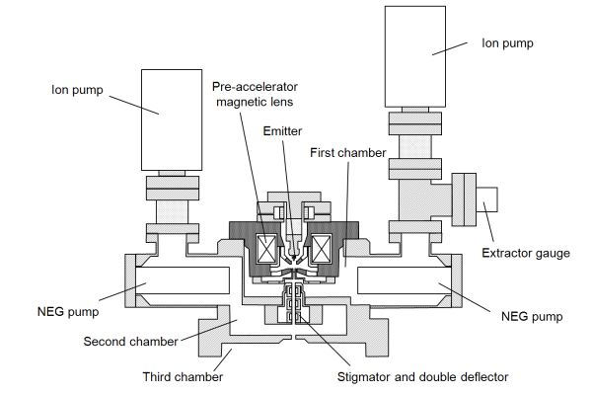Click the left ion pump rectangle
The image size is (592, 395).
click(x=172, y=119)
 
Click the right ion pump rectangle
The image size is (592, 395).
click(x=415, y=56)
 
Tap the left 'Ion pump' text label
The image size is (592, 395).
click(x=77, y=90)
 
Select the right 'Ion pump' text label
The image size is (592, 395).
click(x=507, y=43)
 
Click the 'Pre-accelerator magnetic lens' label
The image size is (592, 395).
click(x=255, y=94)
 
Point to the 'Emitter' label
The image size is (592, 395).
click(x=282, y=131)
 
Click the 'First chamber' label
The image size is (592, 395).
click(x=347, y=153)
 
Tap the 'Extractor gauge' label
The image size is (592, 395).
click(x=526, y=253)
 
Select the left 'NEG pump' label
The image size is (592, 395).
click(x=68, y=312)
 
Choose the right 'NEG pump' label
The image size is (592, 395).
click(x=532, y=316)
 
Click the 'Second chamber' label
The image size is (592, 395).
click(x=130, y=342)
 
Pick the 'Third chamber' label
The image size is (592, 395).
click(x=183, y=376)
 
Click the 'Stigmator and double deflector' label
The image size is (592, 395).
click(x=422, y=377)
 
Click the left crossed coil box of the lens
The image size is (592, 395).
click(x=266, y=249)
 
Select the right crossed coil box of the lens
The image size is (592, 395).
click(x=321, y=249)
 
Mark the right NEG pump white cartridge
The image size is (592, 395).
click(x=404, y=280)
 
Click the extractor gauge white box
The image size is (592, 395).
click(x=486, y=199)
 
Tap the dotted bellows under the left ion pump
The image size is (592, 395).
click(x=172, y=211)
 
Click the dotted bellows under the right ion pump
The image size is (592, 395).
click(x=415, y=147)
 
